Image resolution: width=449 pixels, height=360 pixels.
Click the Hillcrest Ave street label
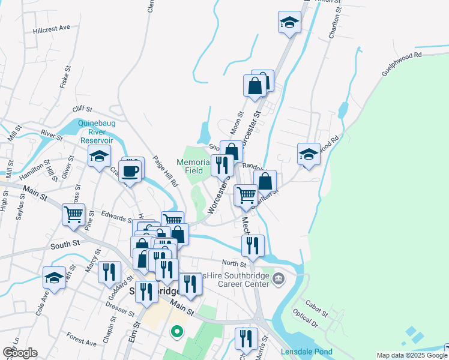pos(52,28)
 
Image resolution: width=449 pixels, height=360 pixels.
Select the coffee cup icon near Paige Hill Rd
pos(130,172)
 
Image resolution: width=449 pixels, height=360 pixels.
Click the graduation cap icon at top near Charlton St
pos(290,23)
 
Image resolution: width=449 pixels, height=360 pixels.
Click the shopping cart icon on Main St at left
pos(74,214)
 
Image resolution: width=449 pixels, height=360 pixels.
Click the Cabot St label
pos(316,308)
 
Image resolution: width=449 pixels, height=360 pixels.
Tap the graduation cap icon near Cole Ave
pos(54,278)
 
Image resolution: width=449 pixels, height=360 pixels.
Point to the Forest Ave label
pos(81,340)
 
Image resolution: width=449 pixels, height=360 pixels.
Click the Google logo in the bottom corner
pos(20,353)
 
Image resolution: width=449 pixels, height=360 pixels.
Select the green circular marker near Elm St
pos(176,331)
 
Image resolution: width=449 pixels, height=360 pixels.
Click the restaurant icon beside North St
pos(253,245)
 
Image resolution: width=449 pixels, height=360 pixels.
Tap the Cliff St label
pos(82,109)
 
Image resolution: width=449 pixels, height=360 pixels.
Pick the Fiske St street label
pos(65,79)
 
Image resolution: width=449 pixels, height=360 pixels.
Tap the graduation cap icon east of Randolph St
pos(309,154)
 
